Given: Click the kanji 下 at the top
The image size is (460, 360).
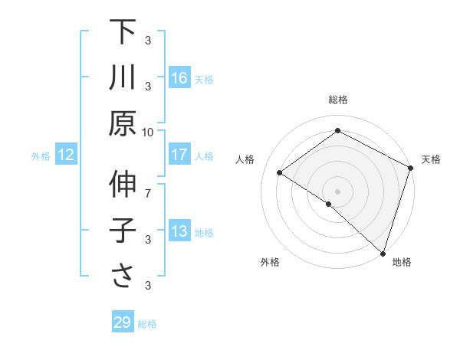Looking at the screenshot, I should tap(123, 32).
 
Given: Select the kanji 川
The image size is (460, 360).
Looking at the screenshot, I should tap(123, 77).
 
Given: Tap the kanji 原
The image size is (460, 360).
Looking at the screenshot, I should tap(123, 123).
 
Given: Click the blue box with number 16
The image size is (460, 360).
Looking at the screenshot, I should tap(179, 78).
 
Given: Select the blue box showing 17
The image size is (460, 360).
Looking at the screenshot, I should tap(179, 155).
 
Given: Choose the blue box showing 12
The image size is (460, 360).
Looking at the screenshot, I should tap(65, 155).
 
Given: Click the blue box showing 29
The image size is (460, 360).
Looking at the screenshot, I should tap(123, 322).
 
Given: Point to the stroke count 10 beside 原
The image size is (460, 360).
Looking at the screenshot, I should tap(148, 131).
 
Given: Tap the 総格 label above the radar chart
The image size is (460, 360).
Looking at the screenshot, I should tap(337, 100).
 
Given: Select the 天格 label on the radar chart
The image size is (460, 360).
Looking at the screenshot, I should tap(431, 159).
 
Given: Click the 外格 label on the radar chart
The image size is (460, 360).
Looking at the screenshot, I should tap(270, 262).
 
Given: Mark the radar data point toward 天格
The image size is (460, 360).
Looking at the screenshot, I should tap(411, 168).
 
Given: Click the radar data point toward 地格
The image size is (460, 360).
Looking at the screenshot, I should tap(383, 253).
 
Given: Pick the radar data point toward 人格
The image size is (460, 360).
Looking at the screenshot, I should tap(280, 172).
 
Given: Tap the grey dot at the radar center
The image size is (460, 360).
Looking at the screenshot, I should tap(337, 191).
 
